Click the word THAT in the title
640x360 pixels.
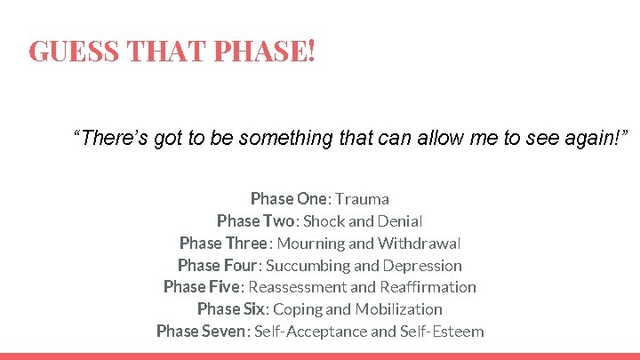165,51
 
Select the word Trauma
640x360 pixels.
362,198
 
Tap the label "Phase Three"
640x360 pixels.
223,243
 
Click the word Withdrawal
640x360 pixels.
419,243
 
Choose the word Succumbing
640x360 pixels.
308,265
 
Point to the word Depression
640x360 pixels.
422,265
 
